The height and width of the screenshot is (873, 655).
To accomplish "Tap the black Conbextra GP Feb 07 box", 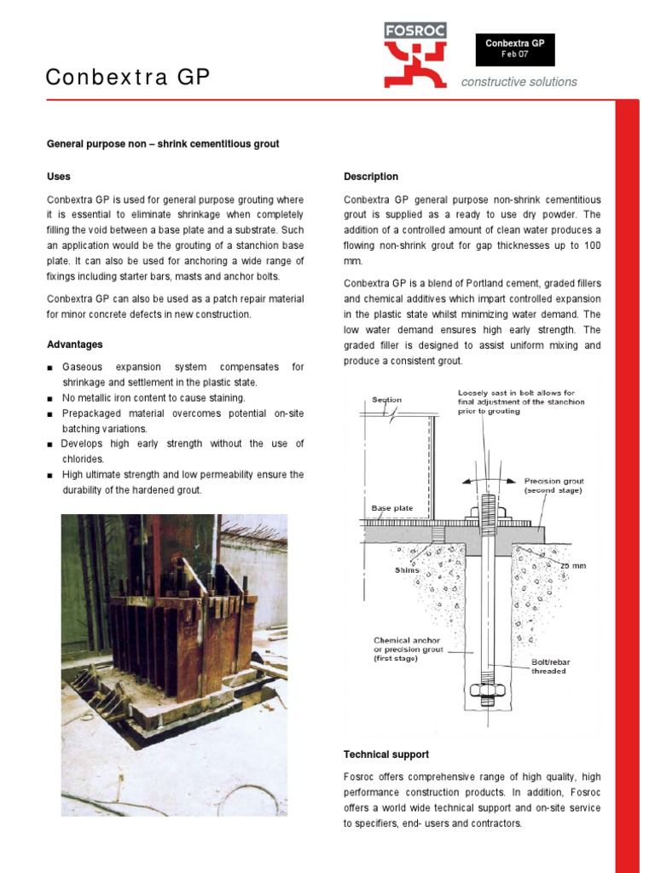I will pos(514,49).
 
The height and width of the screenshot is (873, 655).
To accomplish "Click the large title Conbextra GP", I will pos(127,78).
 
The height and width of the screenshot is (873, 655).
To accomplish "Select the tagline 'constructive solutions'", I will pos(519,82).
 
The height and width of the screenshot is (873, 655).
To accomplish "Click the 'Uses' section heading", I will pos(58,176).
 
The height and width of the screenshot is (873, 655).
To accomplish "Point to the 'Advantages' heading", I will pos(74,344).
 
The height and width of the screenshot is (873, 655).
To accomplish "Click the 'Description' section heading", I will pos(370,176).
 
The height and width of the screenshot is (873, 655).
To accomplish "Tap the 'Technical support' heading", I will pos(385,754).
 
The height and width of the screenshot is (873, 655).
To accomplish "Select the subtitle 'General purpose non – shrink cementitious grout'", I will pos(162,144).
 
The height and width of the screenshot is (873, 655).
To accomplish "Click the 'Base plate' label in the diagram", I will pos(391,508).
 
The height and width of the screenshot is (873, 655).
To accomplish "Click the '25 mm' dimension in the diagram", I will pos(573,565).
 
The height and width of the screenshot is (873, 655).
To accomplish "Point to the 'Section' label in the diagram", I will pos(386,400).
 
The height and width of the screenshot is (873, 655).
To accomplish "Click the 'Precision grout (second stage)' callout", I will pos(554,486).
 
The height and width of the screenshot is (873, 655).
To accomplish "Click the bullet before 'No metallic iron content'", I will pos(50,399).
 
